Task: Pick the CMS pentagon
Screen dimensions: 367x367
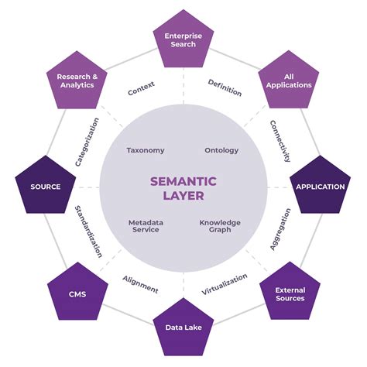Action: tap(77, 294)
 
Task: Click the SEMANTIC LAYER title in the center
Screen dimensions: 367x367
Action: tap(183, 188)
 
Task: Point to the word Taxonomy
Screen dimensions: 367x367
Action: tap(145, 150)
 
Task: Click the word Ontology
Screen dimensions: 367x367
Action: tap(221, 150)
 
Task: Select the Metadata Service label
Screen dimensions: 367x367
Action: tap(145, 226)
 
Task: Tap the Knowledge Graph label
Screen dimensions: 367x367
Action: tap(220, 226)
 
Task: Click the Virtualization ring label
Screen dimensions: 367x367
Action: tap(225, 284)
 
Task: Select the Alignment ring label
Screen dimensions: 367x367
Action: tap(140, 284)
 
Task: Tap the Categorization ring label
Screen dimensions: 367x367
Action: tap(87, 142)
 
